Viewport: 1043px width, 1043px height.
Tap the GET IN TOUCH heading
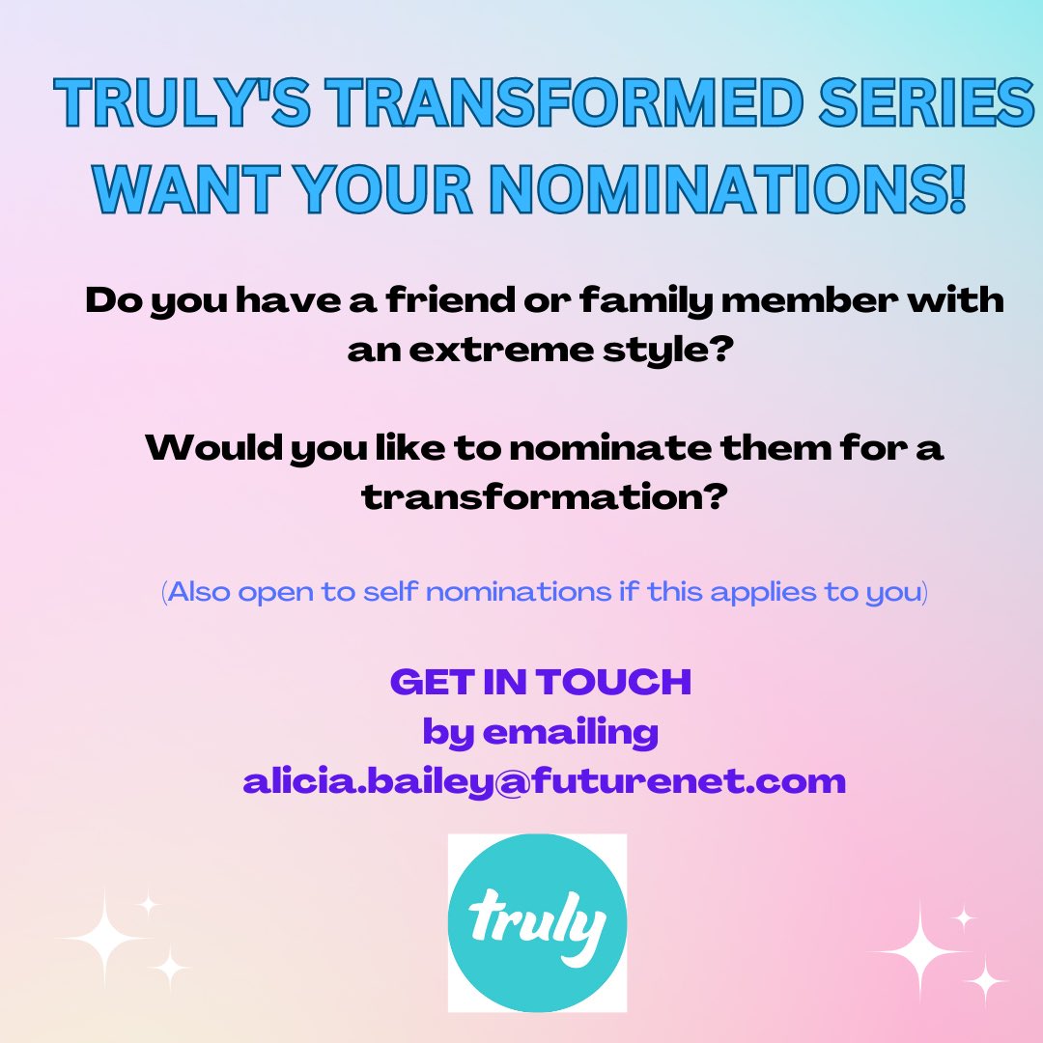point(541,682)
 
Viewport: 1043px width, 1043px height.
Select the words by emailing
point(541,731)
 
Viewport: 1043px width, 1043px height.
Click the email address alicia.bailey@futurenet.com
point(544,780)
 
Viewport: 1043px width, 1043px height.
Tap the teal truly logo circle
point(538,922)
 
